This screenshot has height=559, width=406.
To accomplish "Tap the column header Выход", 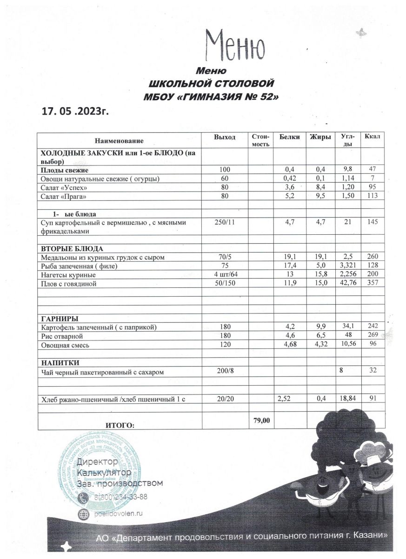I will click(x=225, y=137).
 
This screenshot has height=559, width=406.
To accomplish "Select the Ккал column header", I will click(x=373, y=136).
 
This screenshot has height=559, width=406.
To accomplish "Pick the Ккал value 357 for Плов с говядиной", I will click(x=373, y=284).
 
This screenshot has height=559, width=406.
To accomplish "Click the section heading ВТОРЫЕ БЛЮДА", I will click(x=72, y=248).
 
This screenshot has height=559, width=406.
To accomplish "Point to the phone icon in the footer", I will click(x=84, y=498).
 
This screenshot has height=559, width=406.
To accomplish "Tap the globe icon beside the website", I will click(x=84, y=513).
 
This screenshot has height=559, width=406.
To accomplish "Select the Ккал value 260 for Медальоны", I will click(x=373, y=257).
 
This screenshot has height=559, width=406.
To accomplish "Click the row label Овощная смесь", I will click(x=66, y=345).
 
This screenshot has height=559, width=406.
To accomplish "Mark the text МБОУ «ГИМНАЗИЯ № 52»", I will click(x=213, y=97).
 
